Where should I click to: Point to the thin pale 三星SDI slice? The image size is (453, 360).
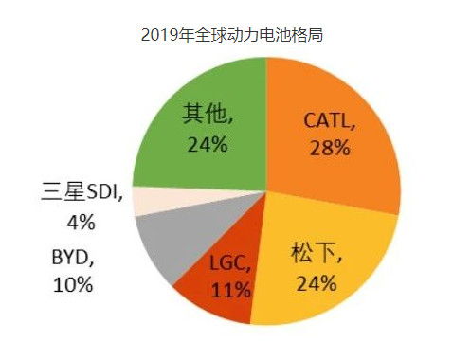coord(147,199)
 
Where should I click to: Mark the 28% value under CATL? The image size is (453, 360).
coord(330,148)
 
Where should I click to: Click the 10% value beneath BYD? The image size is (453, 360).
coord(71,284)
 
